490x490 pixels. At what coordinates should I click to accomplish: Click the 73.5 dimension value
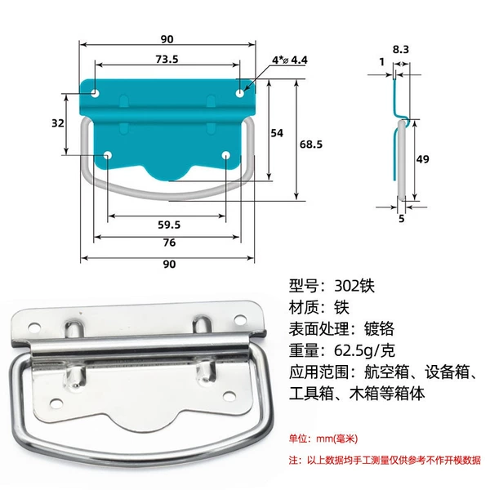167,59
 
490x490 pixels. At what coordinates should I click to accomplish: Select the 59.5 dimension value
169,225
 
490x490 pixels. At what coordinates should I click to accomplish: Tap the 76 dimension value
169,243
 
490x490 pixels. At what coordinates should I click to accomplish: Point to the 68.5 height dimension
311,145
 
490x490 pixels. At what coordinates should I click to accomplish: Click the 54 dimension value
277,133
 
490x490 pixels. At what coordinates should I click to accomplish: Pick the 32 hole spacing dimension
58,123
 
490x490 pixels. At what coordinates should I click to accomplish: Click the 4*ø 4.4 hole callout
290,60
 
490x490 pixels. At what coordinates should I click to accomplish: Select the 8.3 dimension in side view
401,49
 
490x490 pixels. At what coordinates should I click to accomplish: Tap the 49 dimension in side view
422,159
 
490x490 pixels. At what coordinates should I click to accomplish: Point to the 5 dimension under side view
402,218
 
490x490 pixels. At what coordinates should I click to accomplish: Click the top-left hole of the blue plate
95,93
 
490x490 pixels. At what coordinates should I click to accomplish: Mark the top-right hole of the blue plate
239,93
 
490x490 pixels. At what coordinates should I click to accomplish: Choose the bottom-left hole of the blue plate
108,155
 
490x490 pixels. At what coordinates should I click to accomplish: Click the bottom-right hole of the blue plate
226,155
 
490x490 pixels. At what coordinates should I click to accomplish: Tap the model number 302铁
354,286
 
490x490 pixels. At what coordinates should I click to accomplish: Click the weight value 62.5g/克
364,350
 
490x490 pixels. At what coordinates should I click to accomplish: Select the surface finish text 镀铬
379,329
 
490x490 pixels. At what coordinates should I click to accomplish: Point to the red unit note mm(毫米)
336,439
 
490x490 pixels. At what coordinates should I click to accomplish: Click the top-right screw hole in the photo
239,319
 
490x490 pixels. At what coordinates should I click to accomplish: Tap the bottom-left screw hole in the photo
56,403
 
